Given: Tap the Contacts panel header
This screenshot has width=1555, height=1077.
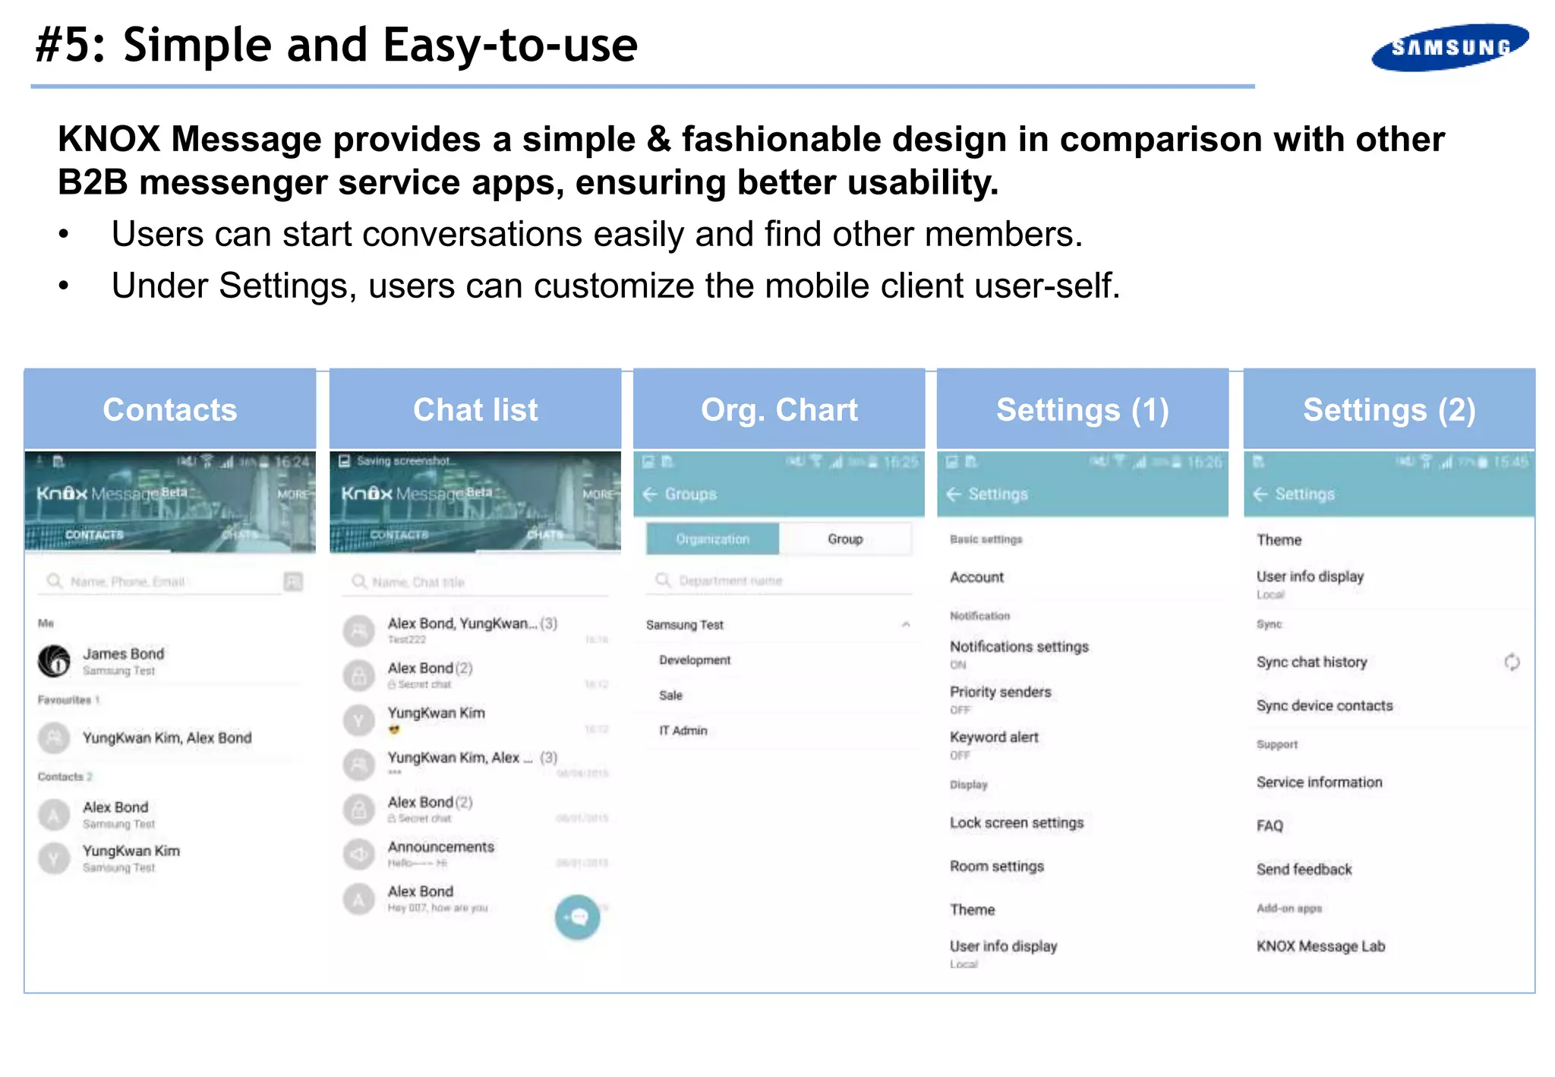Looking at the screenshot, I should coord(170,409).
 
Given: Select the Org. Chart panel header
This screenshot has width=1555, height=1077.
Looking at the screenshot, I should coord(779,409).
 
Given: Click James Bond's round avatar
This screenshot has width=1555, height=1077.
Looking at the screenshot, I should coord(55,661).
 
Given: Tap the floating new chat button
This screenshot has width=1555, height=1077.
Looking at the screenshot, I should coord(577,918).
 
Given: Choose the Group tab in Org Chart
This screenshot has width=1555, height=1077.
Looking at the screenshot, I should coord(845,538).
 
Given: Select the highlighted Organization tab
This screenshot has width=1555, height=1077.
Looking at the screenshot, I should coord(712,538).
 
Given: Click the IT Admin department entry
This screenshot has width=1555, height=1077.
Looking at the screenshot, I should coord(683,730).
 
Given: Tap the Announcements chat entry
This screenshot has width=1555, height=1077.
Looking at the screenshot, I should coord(440,847).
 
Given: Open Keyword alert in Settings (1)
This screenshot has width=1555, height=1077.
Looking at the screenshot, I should coord(994,737).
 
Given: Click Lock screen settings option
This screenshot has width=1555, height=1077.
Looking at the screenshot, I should coord(1017,823).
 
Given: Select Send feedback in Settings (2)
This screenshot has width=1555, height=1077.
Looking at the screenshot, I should coord(1304,869).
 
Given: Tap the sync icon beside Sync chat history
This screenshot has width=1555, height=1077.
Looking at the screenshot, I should coord(1512,662).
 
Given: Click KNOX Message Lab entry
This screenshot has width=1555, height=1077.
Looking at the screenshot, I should coord(1320,946).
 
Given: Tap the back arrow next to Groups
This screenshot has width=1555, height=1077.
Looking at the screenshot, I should coord(650,494).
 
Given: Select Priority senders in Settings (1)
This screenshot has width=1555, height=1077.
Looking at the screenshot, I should coord(1000,692).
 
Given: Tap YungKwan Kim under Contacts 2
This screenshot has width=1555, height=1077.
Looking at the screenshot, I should coord(131,851).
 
